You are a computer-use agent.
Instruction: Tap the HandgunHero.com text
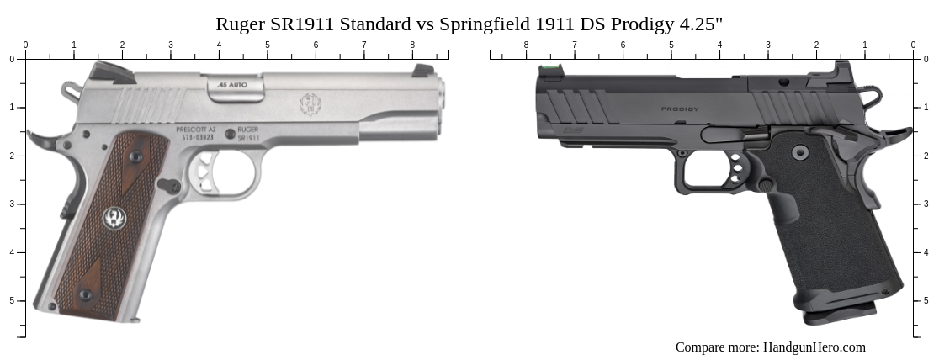(x=814, y=347)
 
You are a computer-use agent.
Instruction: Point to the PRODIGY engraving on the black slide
(x=680, y=109)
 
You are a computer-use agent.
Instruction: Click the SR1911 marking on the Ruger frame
(x=248, y=137)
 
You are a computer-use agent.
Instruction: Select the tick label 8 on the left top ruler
(x=412, y=45)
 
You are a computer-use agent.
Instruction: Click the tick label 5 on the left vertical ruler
(x=12, y=301)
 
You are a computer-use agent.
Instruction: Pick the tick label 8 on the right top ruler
(x=526, y=45)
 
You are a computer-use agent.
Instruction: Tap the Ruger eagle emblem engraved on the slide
(x=310, y=105)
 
